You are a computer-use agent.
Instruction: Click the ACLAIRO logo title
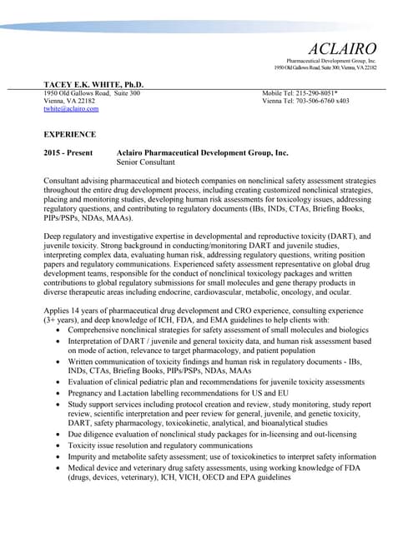(342, 47)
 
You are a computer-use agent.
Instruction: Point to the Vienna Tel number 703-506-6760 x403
(319, 101)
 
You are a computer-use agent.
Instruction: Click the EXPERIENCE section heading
(70, 133)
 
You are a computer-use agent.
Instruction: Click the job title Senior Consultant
(146, 162)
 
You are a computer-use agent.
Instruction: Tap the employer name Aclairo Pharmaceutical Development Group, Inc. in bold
(202, 153)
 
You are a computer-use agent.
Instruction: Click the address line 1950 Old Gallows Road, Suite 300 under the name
(92, 93)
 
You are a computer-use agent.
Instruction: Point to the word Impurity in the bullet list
(83, 456)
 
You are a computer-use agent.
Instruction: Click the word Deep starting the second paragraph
(53, 237)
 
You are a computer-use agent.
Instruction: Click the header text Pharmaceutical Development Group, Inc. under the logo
(331, 61)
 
